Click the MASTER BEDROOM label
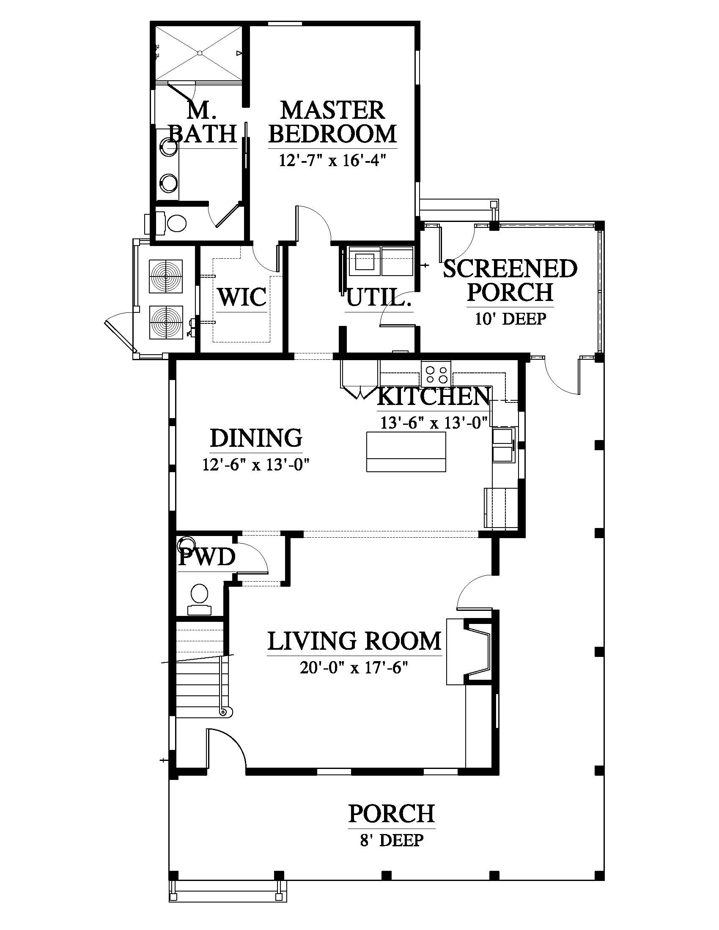333,122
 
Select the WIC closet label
242,297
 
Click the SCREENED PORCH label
510,281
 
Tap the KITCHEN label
434,397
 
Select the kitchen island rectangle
406,452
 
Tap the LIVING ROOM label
354,641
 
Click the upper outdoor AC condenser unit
166,276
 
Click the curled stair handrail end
225,711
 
